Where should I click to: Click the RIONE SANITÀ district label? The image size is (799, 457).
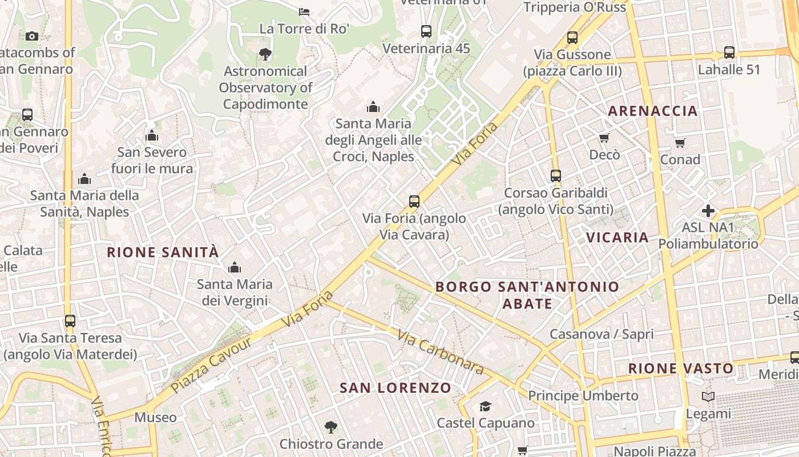[163, 252]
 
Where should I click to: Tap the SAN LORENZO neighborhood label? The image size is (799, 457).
[396, 388]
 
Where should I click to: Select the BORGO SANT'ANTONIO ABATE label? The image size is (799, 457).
[527, 295]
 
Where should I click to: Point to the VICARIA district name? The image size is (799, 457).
[618, 237]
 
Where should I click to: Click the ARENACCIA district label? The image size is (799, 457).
[653, 111]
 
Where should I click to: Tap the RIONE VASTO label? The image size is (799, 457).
[681, 368]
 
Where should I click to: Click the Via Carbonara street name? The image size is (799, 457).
[441, 352]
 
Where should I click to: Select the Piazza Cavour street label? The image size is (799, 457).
[211, 365]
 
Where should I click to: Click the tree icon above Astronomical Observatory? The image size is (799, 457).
[265, 54]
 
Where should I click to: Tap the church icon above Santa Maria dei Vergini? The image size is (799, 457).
[234, 267]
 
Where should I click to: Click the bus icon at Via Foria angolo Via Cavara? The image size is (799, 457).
[414, 201]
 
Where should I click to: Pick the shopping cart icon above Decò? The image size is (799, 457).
[604, 138]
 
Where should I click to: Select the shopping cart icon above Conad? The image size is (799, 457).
[680, 143]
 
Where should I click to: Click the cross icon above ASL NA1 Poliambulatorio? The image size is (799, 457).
[708, 210]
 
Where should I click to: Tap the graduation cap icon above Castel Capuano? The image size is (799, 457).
[485, 406]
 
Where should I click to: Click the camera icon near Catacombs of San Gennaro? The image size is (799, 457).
[32, 36]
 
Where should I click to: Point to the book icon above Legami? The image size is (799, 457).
[708, 396]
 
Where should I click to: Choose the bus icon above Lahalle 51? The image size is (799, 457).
[729, 52]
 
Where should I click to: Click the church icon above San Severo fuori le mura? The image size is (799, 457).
[152, 135]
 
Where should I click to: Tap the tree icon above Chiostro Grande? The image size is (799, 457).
[330, 427]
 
